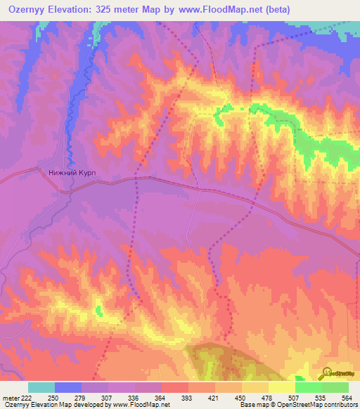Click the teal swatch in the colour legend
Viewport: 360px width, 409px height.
[x=41, y=387]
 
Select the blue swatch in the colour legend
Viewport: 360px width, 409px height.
[x=68, y=387]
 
